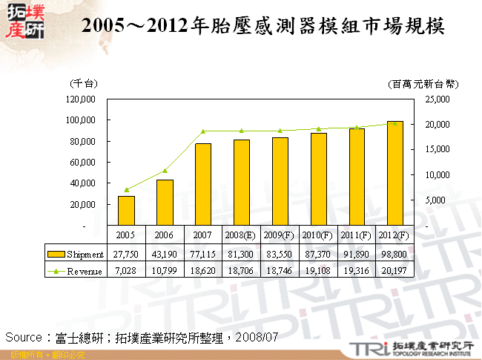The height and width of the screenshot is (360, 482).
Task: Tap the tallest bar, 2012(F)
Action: (395, 173)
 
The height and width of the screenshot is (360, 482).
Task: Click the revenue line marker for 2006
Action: (165, 171)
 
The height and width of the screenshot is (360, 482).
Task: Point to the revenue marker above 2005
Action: (127, 190)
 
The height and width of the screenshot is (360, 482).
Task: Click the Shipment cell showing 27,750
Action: (127, 255)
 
